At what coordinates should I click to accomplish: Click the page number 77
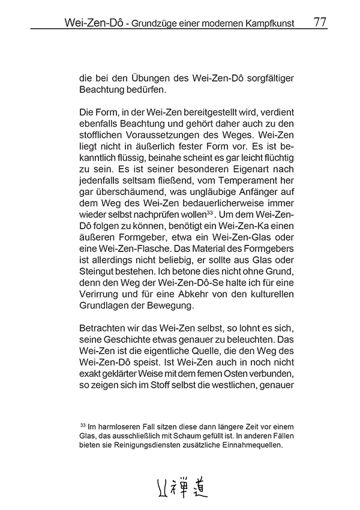coord(320,23)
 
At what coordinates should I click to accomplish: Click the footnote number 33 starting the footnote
coord(82,425)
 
